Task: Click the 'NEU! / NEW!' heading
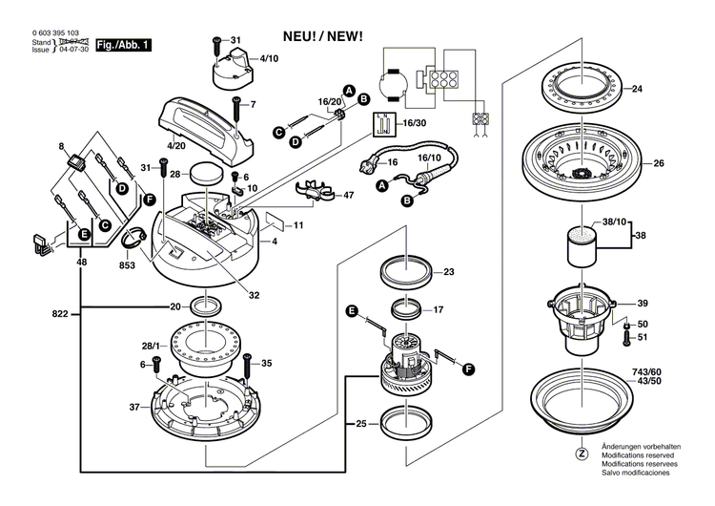[x=322, y=36]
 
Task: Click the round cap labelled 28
[x=204, y=175]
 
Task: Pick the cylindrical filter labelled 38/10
[x=582, y=246]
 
